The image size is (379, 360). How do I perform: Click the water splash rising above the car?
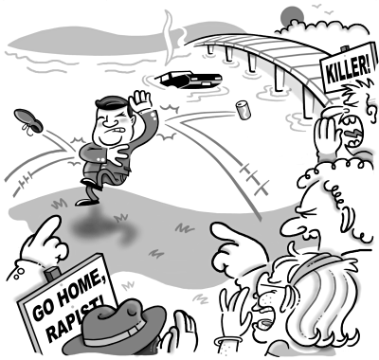coord(169,38)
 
